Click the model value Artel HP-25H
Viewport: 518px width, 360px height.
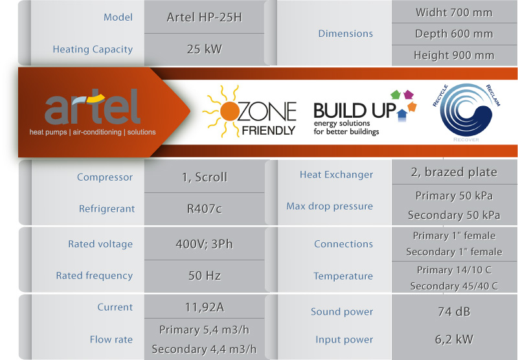click(204, 17)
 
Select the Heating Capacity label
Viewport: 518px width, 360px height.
click(93, 49)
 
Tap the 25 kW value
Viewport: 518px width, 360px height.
click(204, 49)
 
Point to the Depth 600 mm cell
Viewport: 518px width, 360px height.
click(454, 34)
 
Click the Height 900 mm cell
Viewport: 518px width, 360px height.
click(454, 55)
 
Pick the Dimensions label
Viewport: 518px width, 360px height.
click(346, 34)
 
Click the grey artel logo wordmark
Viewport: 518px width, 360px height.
click(93, 106)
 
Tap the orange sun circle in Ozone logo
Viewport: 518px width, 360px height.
click(229, 111)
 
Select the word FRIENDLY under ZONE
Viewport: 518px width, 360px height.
click(268, 130)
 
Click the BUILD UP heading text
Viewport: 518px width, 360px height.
click(354, 111)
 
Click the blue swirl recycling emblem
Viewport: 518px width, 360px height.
click(466, 110)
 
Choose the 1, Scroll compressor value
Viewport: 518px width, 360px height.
click(205, 177)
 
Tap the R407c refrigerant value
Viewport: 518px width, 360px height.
click(204, 208)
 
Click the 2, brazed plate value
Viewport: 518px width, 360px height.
click(454, 172)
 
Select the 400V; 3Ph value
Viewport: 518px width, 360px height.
click(204, 244)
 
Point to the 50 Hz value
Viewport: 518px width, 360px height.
click(204, 275)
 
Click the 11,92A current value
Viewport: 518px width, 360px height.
click(204, 308)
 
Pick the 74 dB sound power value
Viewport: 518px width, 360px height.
click(454, 312)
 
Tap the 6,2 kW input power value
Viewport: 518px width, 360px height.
click(454, 339)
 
